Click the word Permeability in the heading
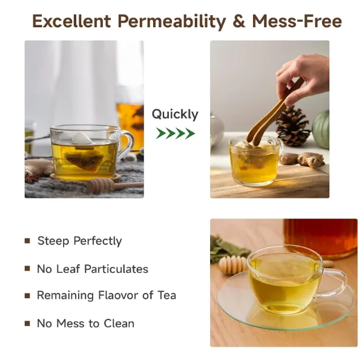(x=172, y=21)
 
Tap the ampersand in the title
(x=239, y=21)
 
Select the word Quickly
(x=175, y=114)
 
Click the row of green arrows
(x=176, y=133)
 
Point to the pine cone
(x=293, y=126)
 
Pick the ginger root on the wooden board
(x=302, y=159)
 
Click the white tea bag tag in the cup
(x=82, y=139)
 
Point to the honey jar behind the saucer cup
(x=320, y=238)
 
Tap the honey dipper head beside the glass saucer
(x=232, y=264)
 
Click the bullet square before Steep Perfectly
(x=27, y=241)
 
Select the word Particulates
(x=116, y=269)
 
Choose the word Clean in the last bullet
(x=119, y=323)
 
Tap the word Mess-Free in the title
(x=297, y=21)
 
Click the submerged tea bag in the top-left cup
(x=84, y=160)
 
